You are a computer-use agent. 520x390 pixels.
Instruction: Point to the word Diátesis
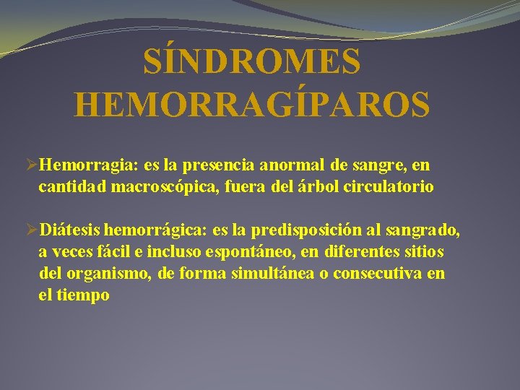(x=70, y=230)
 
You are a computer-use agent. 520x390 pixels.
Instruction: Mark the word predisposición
(x=296, y=231)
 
